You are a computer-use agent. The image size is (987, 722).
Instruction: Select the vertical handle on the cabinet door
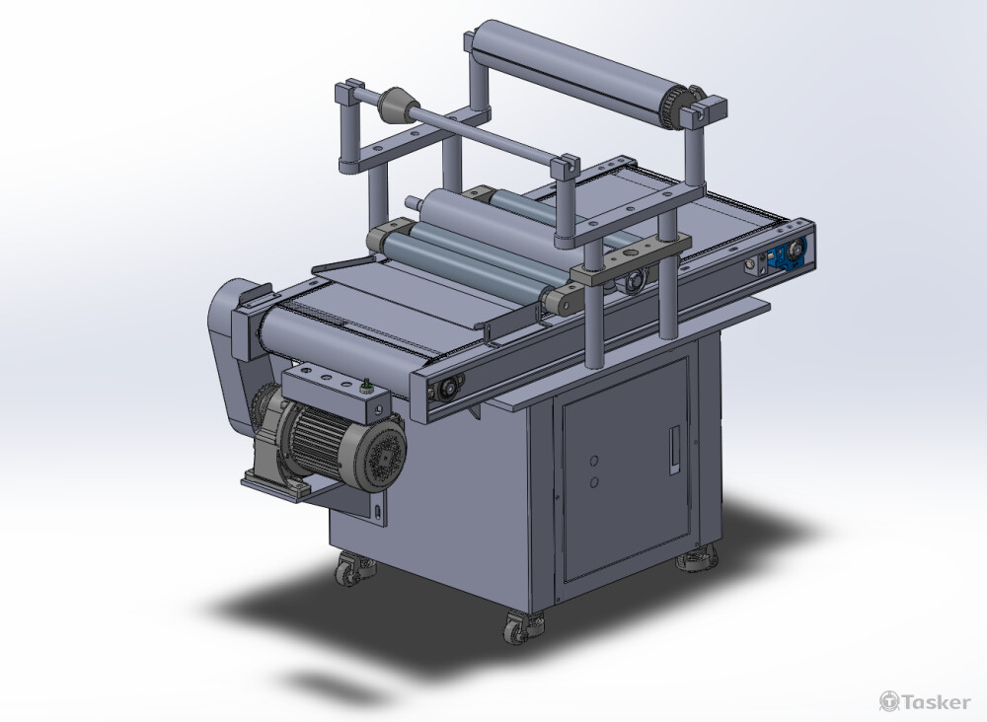click(x=674, y=449)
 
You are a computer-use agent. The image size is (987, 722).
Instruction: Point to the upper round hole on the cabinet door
click(x=593, y=461)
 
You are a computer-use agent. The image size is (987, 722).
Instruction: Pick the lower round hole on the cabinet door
click(x=593, y=482)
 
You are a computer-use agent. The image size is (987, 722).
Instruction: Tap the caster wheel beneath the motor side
click(x=350, y=570)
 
